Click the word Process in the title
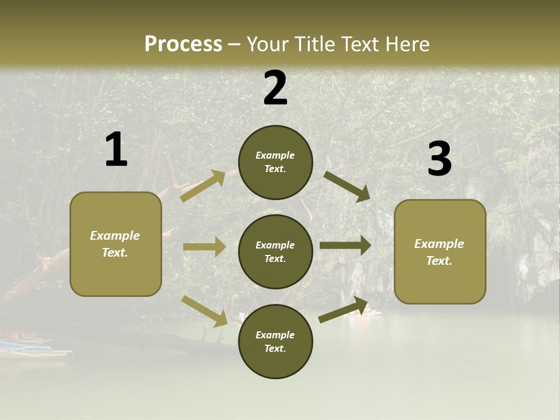coord(183,44)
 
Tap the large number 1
coord(116,150)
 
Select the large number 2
coord(275,88)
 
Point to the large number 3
coord(439,159)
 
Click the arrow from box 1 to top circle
coord(203,186)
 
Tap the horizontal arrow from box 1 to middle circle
coord(204,247)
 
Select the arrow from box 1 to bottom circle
coord(205,311)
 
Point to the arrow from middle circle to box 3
coord(345,245)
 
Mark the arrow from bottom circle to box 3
coord(344,310)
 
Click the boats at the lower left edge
coord(29,345)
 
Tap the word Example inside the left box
coord(115,236)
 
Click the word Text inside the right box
coord(439,261)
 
